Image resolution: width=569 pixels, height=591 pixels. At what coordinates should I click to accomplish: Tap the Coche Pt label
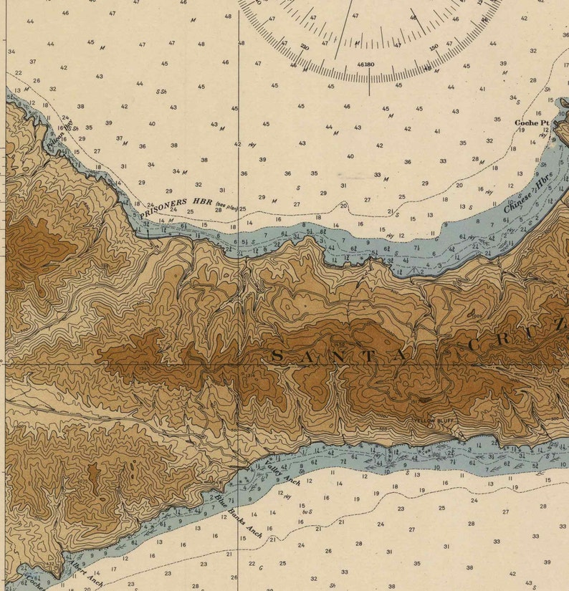coord(531,122)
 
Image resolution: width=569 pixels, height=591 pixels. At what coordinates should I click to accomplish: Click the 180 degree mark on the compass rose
coord(369,64)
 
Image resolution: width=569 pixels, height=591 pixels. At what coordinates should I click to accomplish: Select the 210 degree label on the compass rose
coord(305,47)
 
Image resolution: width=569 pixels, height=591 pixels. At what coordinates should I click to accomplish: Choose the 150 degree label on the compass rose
coord(434,47)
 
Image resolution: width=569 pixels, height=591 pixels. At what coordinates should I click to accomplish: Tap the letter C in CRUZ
coord(473,345)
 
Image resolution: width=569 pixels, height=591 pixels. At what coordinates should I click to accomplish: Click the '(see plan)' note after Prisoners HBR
coord(229,204)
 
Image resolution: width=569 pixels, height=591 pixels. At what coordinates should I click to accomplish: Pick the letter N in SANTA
coord(350,356)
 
